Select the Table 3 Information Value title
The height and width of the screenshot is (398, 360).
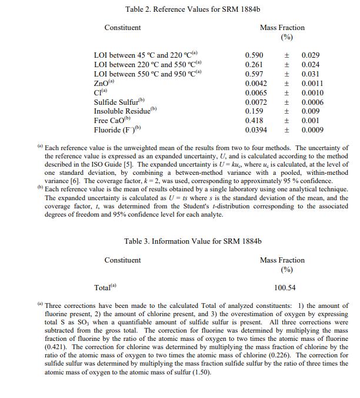pos(192,241)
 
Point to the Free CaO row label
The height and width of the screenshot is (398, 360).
pos(111,121)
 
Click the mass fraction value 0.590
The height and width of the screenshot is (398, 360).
pos(254,55)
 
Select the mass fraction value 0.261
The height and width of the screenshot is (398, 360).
pos(254,65)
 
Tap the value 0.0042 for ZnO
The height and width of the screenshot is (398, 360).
pos(256,84)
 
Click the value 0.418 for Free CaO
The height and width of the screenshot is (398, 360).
pos(254,121)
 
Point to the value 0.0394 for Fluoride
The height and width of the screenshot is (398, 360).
pos(256,130)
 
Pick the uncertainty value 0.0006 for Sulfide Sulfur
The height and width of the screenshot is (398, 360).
pos(312,102)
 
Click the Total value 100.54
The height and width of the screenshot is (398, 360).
pos(285,288)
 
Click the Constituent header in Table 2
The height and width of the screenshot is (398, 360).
pos(122,28)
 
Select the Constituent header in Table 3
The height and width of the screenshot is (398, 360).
pos(122,260)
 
